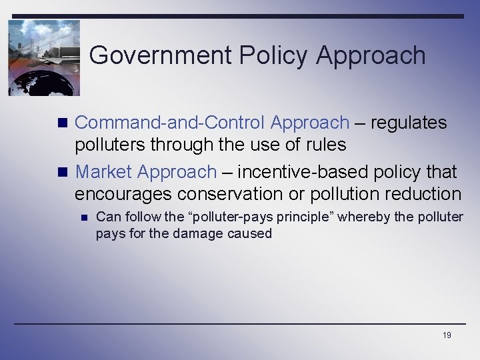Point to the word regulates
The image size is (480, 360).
pyautogui.click(x=408, y=123)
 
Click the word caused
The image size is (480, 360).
pyautogui.click(x=250, y=233)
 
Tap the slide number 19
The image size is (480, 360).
pyautogui.click(x=447, y=335)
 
